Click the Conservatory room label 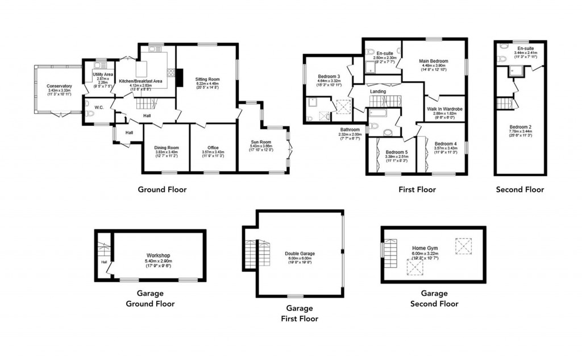point(59,86)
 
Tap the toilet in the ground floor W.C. point(90,114)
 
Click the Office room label point(213,148)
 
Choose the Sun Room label point(262,142)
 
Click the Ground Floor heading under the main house point(162,189)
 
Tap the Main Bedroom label point(434,61)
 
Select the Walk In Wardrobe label point(445,109)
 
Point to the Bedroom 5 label point(396,152)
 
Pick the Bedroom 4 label point(445,144)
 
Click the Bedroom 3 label point(329,76)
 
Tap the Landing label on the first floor point(377,92)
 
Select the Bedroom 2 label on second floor point(520,127)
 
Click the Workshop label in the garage point(159,255)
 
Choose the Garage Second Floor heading point(434,299)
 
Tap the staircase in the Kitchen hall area point(144,104)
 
